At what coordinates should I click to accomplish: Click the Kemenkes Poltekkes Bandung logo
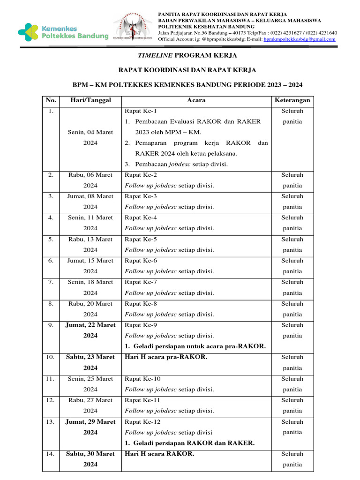63,32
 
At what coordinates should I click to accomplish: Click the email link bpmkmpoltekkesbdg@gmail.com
300,39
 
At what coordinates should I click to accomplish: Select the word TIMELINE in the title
155,55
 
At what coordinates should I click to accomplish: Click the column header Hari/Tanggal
90,100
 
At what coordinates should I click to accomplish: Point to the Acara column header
196,100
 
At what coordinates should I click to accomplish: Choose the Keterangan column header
292,100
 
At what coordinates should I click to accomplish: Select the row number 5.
51,239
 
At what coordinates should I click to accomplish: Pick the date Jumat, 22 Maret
90,325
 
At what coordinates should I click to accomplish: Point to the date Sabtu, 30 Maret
90,454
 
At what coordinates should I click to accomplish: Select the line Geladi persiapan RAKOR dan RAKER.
190,443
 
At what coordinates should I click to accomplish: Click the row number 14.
51,454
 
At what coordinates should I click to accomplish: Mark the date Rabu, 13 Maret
90,239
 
